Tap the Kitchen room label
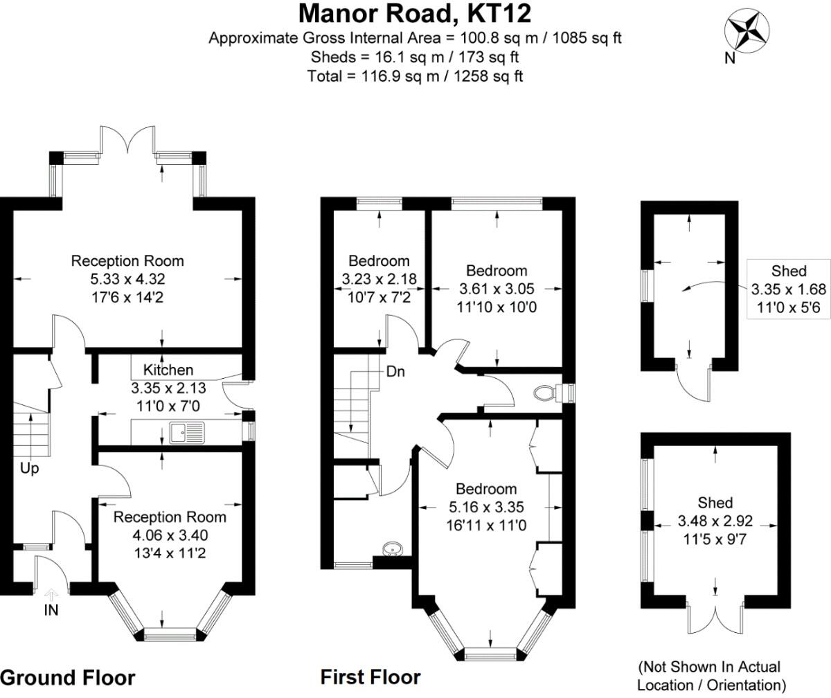click(x=168, y=370)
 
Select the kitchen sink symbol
click(x=187, y=433)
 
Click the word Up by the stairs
click(x=30, y=468)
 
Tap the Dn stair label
click(x=395, y=372)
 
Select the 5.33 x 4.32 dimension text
click(x=127, y=279)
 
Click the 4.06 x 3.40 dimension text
click(x=170, y=535)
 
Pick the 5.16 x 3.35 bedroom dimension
click(x=486, y=507)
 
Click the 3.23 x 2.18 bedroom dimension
click(x=379, y=279)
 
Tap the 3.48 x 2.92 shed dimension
click(x=715, y=521)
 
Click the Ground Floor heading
click(x=68, y=677)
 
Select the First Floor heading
click(x=370, y=677)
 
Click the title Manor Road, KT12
click(x=415, y=14)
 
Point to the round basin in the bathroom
click(x=393, y=550)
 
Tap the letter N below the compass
click(x=729, y=59)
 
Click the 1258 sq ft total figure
click(x=488, y=75)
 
